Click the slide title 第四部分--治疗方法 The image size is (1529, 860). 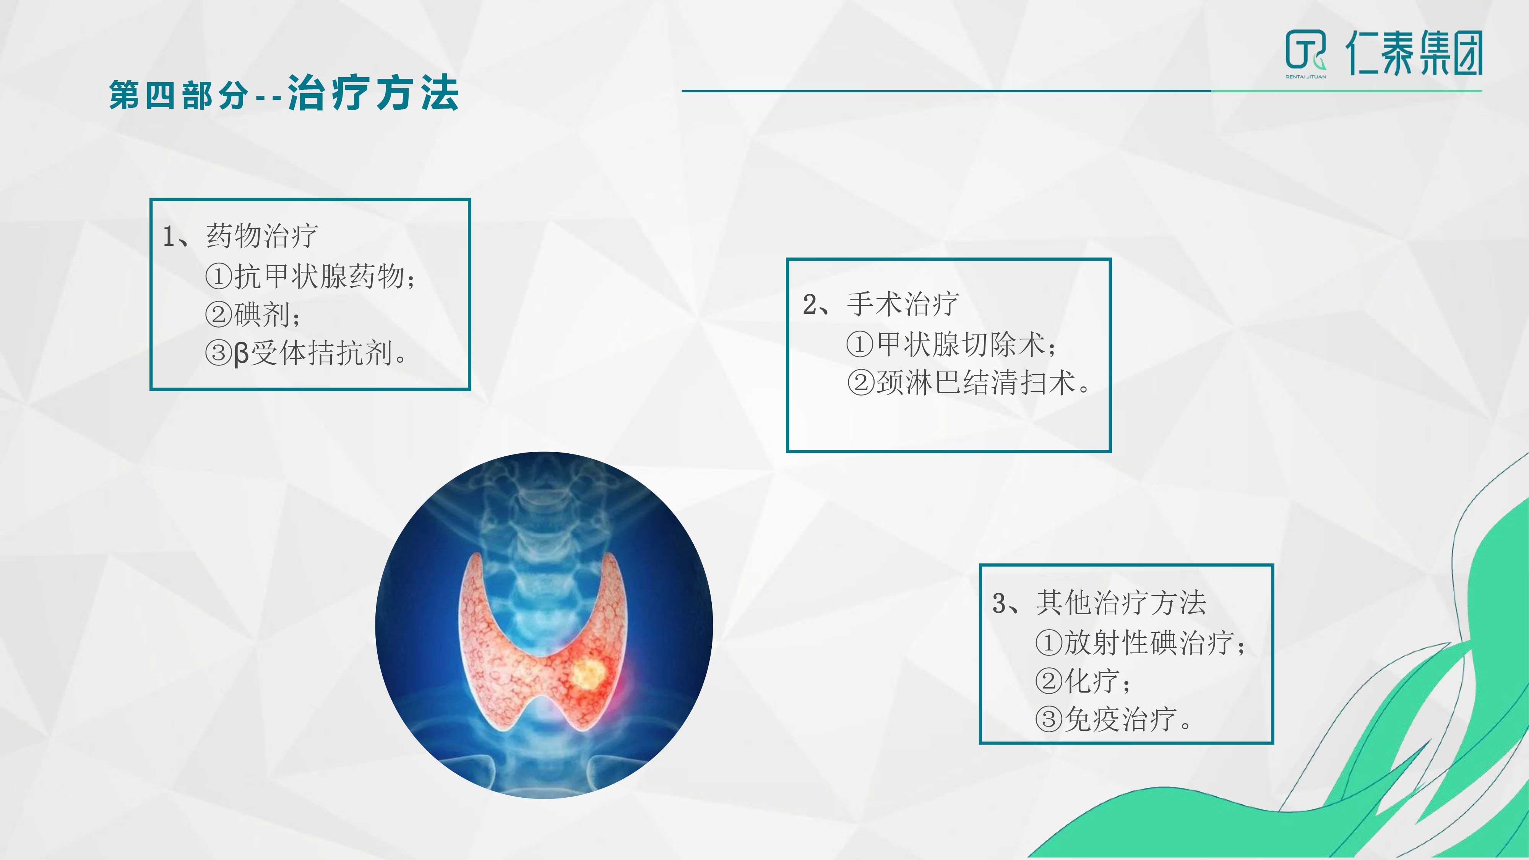[x=284, y=94]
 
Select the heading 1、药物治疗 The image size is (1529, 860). [x=240, y=235]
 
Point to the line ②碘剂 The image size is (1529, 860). [x=253, y=315]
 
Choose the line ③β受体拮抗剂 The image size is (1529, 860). [x=306, y=353]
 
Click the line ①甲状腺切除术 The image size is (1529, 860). [x=951, y=344]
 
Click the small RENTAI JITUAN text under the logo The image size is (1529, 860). [x=1306, y=76]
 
